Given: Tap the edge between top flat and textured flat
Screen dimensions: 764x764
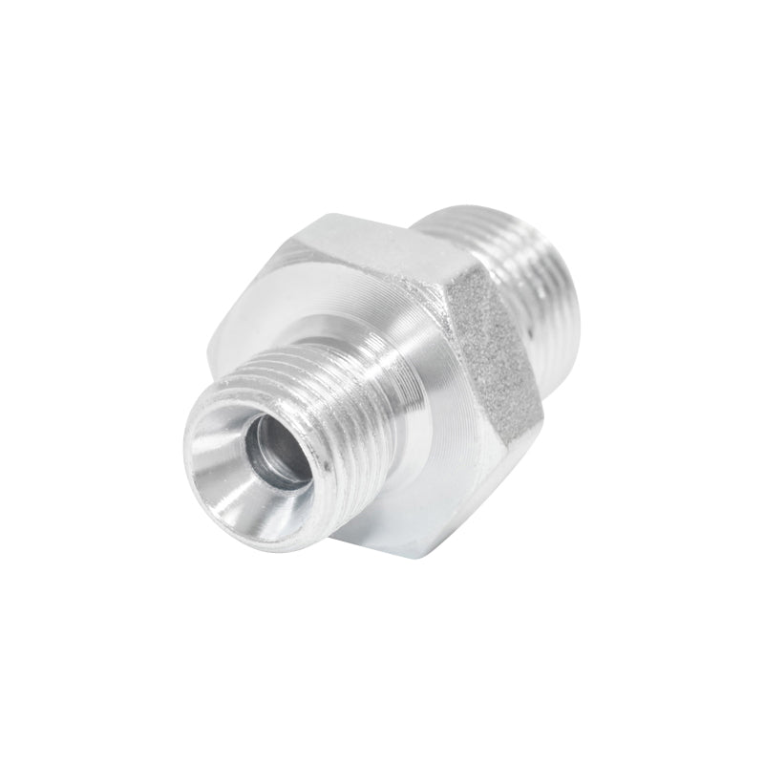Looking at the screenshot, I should [449, 277].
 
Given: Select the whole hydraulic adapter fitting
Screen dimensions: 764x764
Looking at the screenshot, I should [382, 382].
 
